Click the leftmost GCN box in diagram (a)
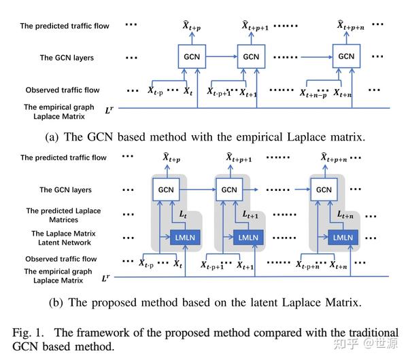192,56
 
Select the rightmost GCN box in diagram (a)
346,56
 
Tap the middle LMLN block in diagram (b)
248,237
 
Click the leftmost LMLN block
185,237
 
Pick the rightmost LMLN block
343,237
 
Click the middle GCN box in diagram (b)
229,190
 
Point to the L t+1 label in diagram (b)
250,215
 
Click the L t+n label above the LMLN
345,215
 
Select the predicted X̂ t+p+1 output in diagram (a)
255,26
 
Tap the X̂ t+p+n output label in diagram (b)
334,158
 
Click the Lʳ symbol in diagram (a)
109,110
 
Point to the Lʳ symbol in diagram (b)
105,278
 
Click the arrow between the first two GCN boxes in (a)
222,56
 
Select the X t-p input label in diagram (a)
155,91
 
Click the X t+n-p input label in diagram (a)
313,94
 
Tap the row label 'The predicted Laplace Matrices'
63,215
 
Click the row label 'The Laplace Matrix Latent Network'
64,238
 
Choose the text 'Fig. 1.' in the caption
28,333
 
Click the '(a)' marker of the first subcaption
52,137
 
